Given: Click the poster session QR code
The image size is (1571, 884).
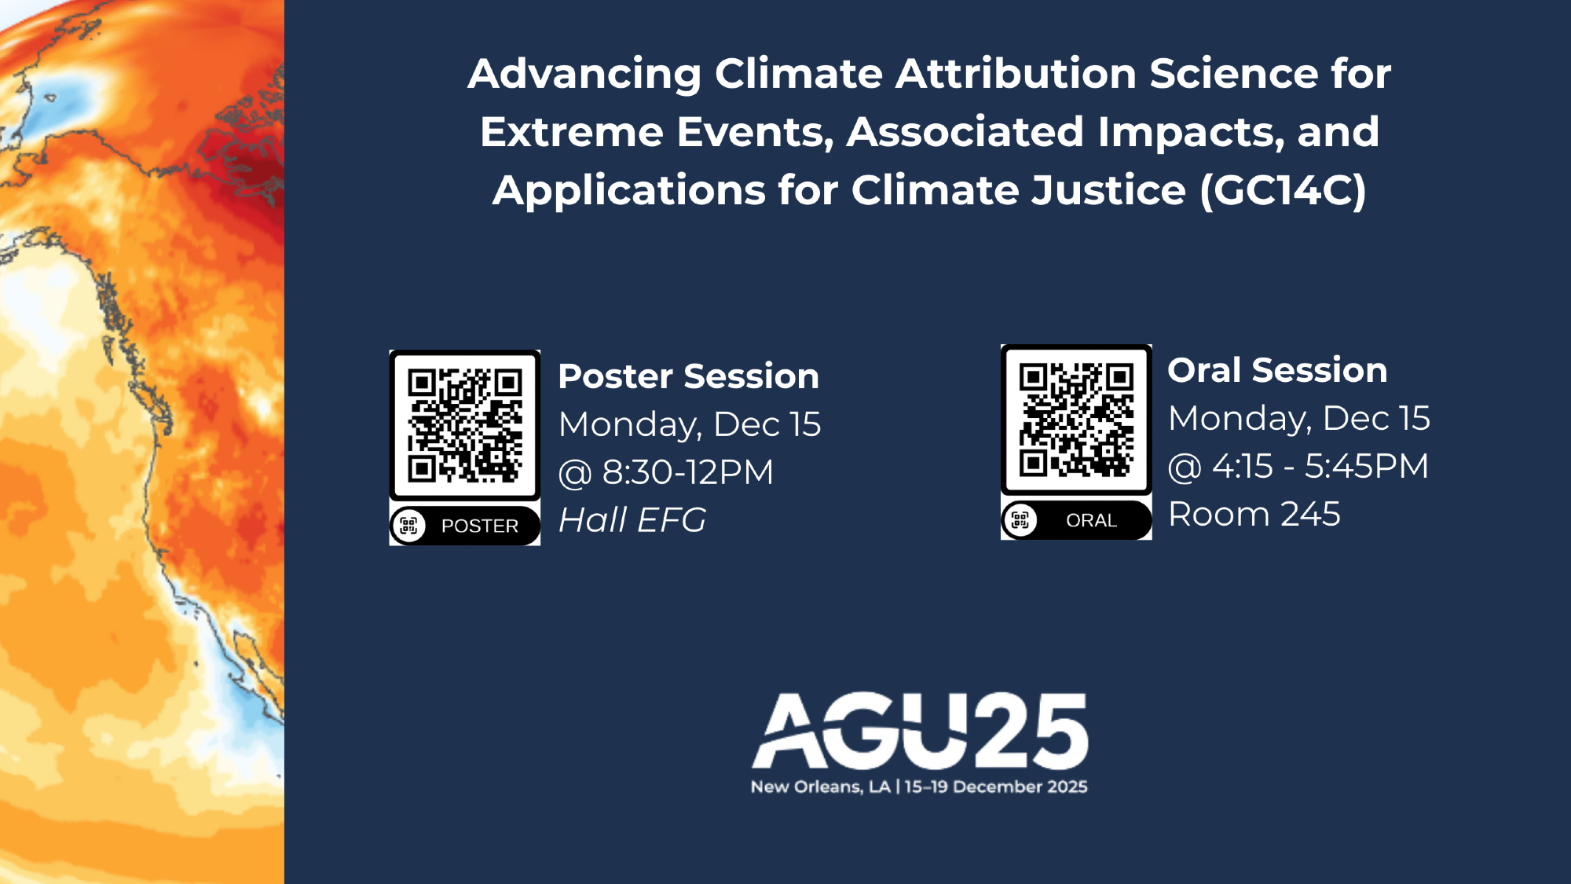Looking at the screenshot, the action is (x=465, y=425).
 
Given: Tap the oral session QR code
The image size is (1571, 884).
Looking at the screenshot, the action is (x=1076, y=420).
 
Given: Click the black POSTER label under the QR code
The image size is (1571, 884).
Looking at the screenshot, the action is (x=465, y=525).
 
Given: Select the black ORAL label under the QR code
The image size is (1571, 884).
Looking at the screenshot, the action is (x=1076, y=519).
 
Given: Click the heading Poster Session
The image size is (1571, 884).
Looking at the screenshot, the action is (x=688, y=376).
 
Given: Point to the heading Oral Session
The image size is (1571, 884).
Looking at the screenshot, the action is (x=1277, y=370).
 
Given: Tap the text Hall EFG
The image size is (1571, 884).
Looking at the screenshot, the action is (x=632, y=519).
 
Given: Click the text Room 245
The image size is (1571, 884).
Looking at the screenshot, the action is (x=1254, y=514).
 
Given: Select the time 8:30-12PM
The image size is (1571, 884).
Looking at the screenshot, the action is (x=688, y=472).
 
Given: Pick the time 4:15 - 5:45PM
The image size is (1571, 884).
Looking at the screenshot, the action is (x=1320, y=466).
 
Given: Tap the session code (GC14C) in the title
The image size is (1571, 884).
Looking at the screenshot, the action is (x=1284, y=190).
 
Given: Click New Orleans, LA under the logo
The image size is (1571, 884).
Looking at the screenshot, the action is (x=820, y=787).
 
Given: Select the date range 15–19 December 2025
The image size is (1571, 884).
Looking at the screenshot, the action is (x=996, y=787).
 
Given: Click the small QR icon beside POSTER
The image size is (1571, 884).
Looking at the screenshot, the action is (x=408, y=525).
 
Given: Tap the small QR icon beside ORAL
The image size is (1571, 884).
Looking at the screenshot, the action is (x=1020, y=519).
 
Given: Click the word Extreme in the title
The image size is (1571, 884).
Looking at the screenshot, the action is (x=572, y=132).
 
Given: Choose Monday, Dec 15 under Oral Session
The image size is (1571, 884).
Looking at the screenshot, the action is (x=1299, y=418).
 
